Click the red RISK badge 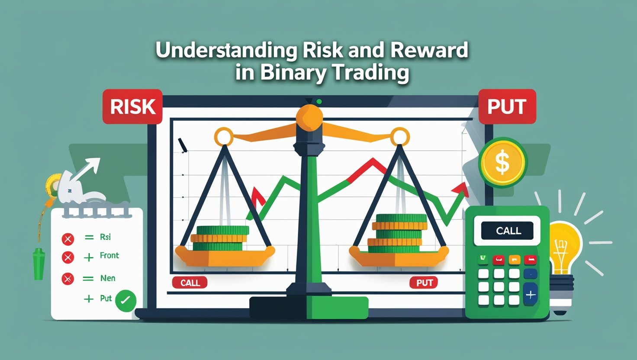point(132,106)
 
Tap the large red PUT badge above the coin point(507,106)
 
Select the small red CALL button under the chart point(190,283)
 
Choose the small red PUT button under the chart point(424,283)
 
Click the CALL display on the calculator point(507,231)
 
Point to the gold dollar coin point(503,163)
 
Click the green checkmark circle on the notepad point(125,301)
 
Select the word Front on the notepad point(109,255)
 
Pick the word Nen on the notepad point(108,278)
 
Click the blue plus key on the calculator point(531,294)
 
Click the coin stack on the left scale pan point(219,238)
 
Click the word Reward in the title point(429,50)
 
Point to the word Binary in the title point(293,73)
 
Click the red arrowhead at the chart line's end point(461,189)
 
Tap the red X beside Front point(68,257)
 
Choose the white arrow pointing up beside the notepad point(86,169)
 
